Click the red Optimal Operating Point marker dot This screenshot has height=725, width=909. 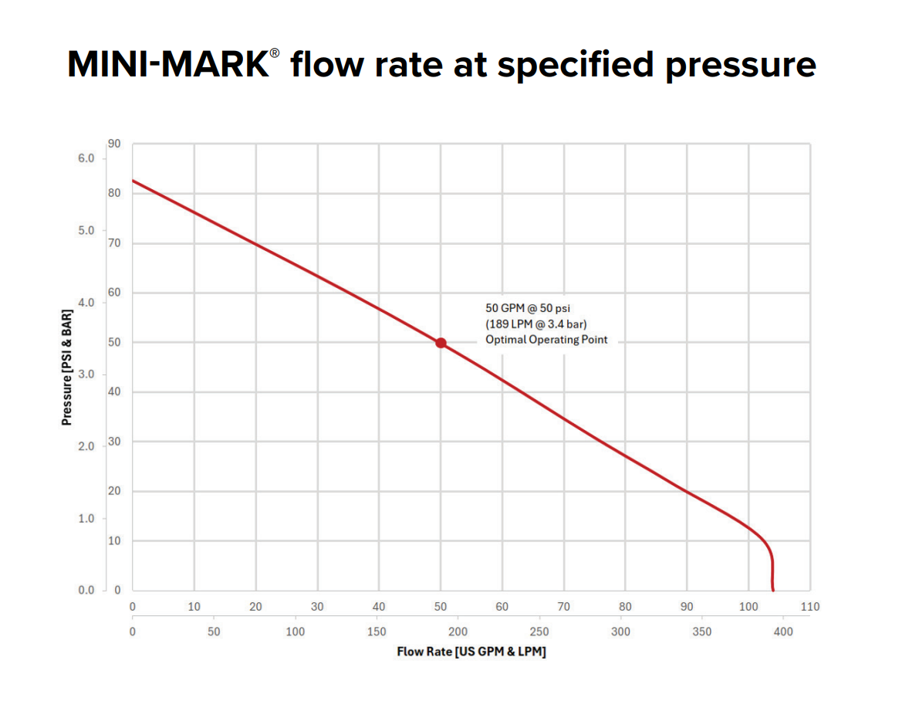pyautogui.click(x=441, y=343)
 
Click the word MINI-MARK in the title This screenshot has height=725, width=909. pyautogui.click(x=167, y=65)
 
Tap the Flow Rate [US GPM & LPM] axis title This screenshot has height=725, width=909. pyautogui.click(x=471, y=652)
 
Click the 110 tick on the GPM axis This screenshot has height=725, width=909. pyautogui.click(x=809, y=607)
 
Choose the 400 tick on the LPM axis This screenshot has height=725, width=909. pyautogui.click(x=783, y=632)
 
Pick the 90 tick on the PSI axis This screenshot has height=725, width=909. pyautogui.click(x=113, y=144)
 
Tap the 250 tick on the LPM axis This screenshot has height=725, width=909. pyautogui.click(x=539, y=632)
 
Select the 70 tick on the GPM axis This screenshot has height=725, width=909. pyautogui.click(x=563, y=607)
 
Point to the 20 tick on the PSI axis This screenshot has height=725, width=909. pyautogui.click(x=113, y=491)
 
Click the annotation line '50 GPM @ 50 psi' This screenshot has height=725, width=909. pyautogui.click(x=528, y=308)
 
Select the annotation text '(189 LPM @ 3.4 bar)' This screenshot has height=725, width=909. pyautogui.click(x=531, y=324)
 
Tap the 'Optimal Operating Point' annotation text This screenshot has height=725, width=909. pyautogui.click(x=546, y=340)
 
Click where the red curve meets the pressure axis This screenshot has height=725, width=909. pyautogui.click(x=133, y=181)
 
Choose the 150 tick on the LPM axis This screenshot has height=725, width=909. pyautogui.click(x=377, y=632)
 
